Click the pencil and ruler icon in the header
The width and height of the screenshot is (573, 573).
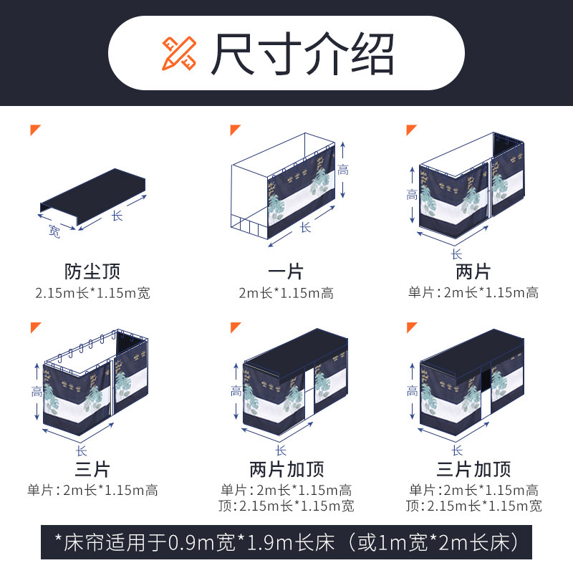tap(176, 52)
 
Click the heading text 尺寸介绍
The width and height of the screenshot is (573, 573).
tap(302, 54)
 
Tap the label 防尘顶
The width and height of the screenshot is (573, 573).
tap(92, 271)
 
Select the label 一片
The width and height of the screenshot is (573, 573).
tap(286, 271)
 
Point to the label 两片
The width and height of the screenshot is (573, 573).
tap(473, 271)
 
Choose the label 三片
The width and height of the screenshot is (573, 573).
tap(92, 470)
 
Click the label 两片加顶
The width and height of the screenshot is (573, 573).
tap(286, 470)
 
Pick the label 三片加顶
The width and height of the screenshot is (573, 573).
tap(474, 470)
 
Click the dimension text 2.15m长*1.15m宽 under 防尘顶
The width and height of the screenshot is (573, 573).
tap(93, 293)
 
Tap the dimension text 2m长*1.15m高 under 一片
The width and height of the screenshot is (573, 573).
tap(286, 293)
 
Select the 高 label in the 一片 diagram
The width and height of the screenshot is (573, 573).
tap(344, 170)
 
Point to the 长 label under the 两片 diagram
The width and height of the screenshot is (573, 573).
tap(456, 254)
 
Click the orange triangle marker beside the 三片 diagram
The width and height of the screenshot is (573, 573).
tap(35, 327)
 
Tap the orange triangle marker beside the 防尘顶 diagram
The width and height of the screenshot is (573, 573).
tap(35, 130)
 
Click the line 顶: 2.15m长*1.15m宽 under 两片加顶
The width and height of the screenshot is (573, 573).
tap(286, 506)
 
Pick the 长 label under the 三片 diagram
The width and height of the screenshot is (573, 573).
tap(81, 451)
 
